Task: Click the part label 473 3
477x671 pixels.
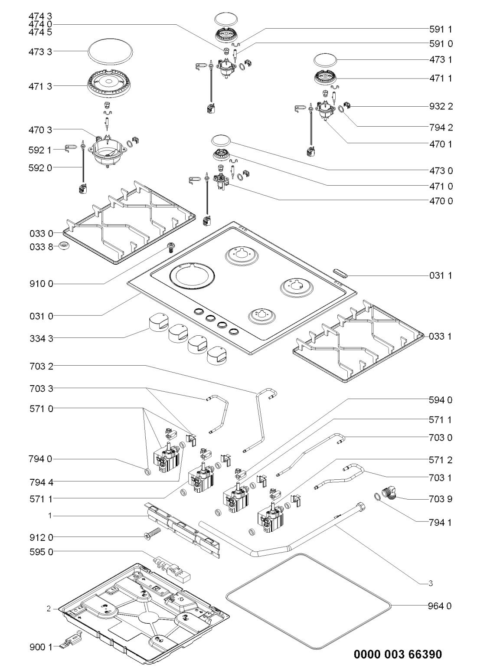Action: click(43, 51)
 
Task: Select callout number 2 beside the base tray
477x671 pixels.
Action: click(49, 609)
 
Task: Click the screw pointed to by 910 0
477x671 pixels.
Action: click(170, 248)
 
